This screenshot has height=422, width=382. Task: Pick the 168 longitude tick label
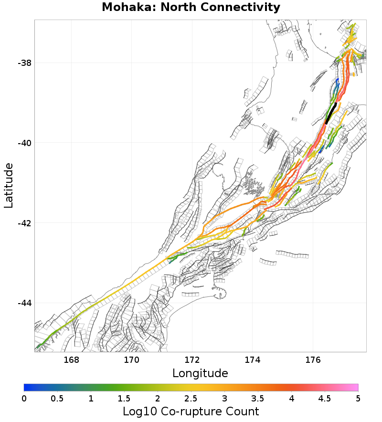tap(71, 359)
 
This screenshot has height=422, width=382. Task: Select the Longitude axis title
tap(200, 373)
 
